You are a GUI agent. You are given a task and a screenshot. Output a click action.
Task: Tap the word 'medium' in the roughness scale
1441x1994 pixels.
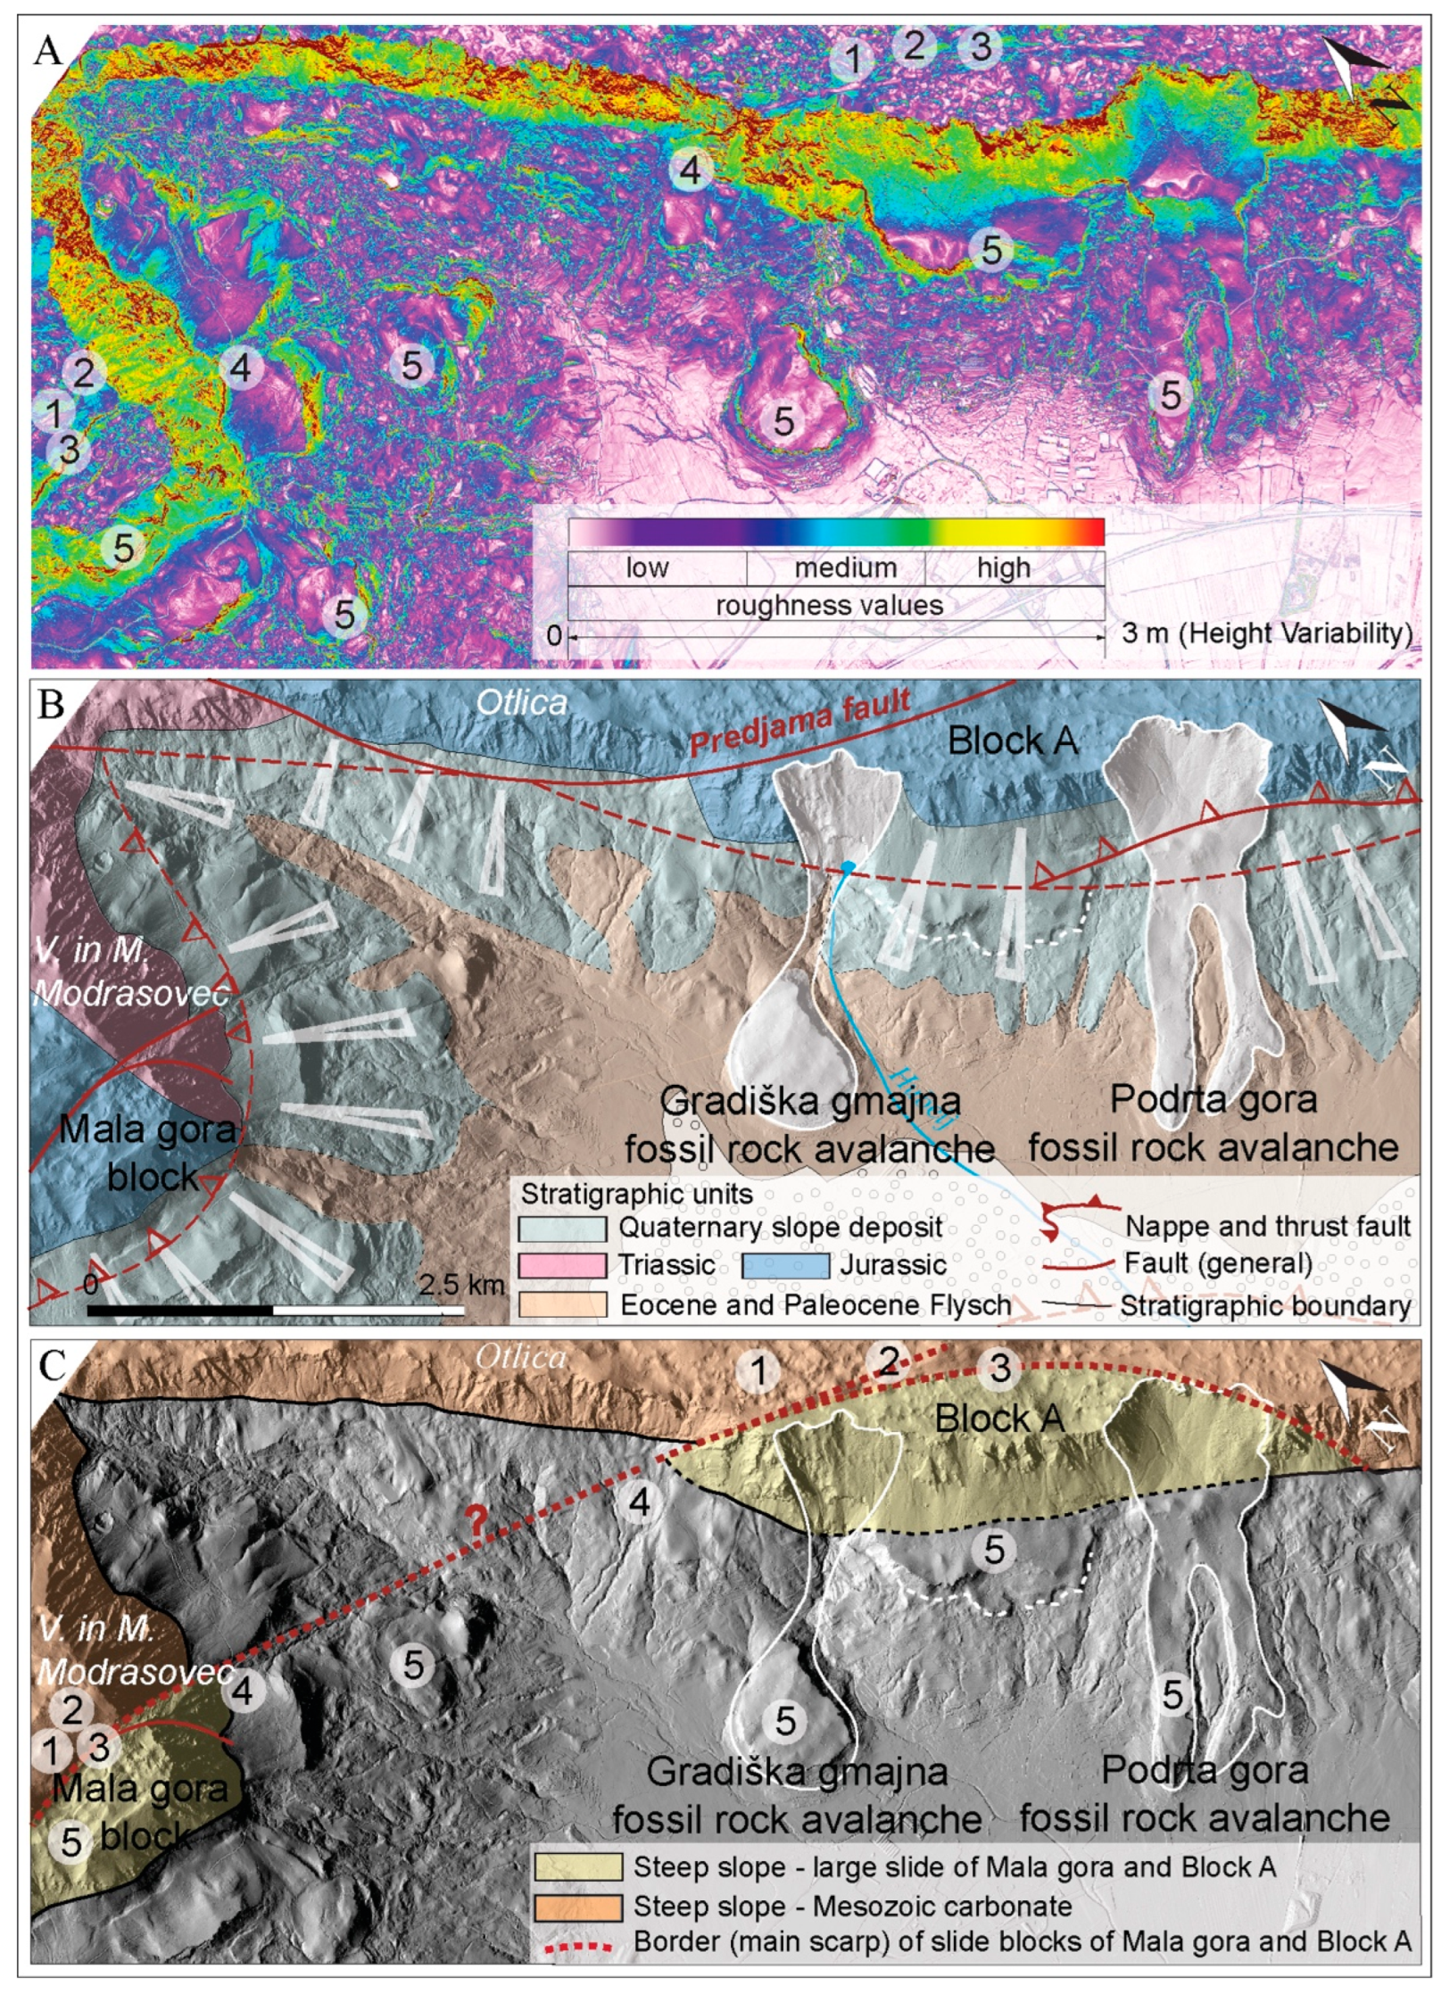pyautogui.click(x=845, y=567)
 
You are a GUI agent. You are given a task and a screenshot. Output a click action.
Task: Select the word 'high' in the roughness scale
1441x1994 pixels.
pyautogui.click(x=1003, y=567)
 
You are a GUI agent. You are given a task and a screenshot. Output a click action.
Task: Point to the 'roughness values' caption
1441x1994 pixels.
pyautogui.click(x=829, y=605)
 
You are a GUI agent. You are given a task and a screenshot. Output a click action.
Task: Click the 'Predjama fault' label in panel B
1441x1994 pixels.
pyautogui.click(x=800, y=721)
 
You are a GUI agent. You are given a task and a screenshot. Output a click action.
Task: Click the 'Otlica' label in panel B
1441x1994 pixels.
pyautogui.click(x=521, y=703)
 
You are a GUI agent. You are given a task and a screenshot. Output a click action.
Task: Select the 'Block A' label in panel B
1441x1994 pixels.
pyautogui.click(x=1012, y=741)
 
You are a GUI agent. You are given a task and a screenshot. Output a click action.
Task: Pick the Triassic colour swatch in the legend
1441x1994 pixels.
pyautogui.click(x=562, y=1264)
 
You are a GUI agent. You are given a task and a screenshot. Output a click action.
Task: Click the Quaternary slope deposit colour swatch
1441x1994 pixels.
pyautogui.click(x=562, y=1228)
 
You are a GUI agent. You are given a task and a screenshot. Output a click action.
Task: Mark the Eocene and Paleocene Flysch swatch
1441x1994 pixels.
pyautogui.click(x=562, y=1304)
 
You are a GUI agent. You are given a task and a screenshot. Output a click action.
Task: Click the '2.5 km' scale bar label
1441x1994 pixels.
pyautogui.click(x=461, y=1286)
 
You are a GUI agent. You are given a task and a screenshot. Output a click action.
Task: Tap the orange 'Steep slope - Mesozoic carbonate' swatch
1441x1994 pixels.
pyautogui.click(x=578, y=1907)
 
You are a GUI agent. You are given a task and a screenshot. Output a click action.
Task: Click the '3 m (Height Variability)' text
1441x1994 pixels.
pyautogui.click(x=1267, y=633)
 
